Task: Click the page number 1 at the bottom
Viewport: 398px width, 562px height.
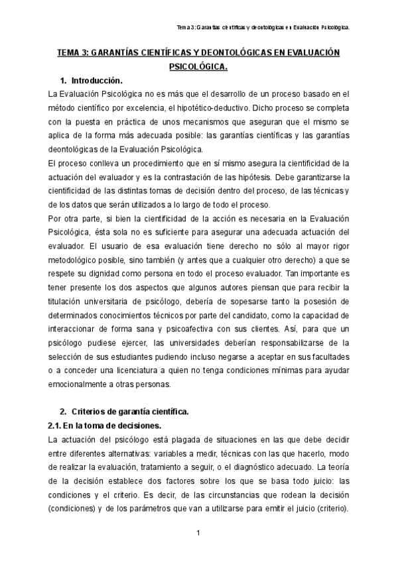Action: click(198, 533)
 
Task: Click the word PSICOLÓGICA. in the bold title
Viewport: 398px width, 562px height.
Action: click(198, 66)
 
